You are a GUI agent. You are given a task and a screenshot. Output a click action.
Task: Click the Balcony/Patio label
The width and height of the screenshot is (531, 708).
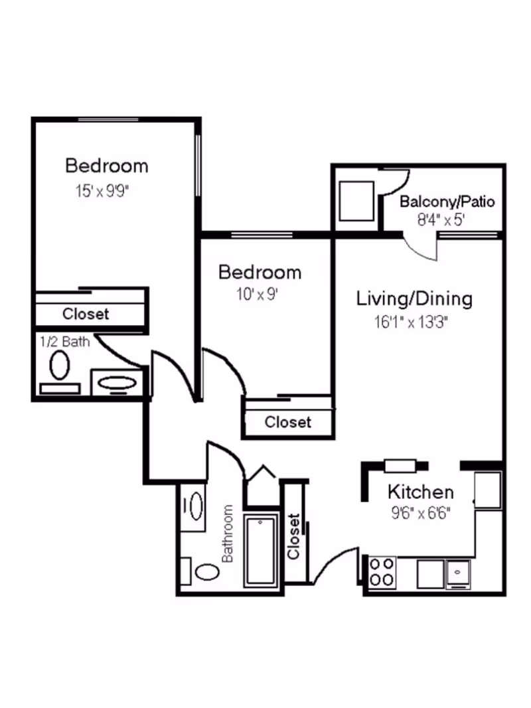click(x=447, y=202)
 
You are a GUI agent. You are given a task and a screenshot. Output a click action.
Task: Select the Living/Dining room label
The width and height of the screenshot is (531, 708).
click(x=414, y=299)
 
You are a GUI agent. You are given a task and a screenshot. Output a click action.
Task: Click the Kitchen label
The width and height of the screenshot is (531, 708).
click(x=421, y=492)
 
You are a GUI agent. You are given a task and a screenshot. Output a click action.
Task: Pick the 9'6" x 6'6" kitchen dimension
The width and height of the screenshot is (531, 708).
click(x=421, y=513)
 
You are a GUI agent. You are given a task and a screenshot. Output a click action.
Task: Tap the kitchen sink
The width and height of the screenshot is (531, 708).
click(x=459, y=572)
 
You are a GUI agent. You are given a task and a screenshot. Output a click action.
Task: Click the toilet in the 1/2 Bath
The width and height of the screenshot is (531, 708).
click(x=60, y=365)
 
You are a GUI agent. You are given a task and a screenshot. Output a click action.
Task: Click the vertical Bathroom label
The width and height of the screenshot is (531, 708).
click(x=228, y=533)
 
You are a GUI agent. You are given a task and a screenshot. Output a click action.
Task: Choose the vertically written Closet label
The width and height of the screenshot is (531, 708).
click(x=294, y=535)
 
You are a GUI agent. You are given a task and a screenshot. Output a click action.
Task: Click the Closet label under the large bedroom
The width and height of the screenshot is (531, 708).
click(x=86, y=313)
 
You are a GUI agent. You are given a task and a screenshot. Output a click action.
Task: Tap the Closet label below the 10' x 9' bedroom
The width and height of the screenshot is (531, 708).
click(x=287, y=421)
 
